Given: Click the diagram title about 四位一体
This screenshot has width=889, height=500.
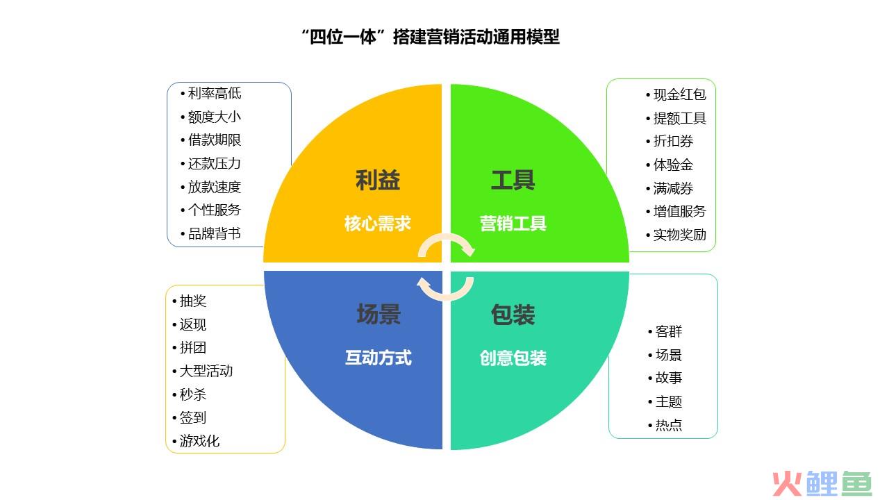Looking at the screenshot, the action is tap(431, 37).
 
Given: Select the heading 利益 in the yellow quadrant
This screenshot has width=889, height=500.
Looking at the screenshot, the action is tap(377, 180).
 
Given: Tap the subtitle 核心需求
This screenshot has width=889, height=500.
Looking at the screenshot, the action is tap(377, 224).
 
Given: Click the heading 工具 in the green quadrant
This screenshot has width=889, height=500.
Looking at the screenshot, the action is tap(513, 180).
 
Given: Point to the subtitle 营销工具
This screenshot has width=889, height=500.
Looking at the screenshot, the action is tap(513, 224).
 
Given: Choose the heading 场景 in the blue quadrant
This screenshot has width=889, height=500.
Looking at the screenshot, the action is tap(379, 315).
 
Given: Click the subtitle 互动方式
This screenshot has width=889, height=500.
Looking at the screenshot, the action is tap(379, 358).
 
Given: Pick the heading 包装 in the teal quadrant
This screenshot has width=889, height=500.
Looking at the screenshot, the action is tap(513, 315).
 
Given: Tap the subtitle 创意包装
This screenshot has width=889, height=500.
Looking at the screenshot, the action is tap(513, 358).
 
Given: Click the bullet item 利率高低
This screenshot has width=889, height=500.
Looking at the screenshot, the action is tap(215, 93).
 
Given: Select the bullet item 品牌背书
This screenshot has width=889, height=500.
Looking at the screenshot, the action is tap(215, 234).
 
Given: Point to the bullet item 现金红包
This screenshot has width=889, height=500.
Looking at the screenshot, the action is tap(679, 94).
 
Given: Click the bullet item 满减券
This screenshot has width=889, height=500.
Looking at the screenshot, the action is tap(673, 188).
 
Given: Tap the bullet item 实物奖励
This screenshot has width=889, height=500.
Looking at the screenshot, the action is tap(679, 235).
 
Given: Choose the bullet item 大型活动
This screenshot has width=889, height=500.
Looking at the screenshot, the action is tap(206, 371).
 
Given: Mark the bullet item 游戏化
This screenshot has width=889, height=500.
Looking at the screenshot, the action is tap(199, 441).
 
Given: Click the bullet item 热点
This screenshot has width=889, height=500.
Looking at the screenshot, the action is tap(669, 426).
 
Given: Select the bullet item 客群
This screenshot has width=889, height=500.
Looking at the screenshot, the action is tap(669, 331).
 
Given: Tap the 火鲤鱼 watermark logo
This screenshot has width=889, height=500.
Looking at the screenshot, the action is tap(822, 484).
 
